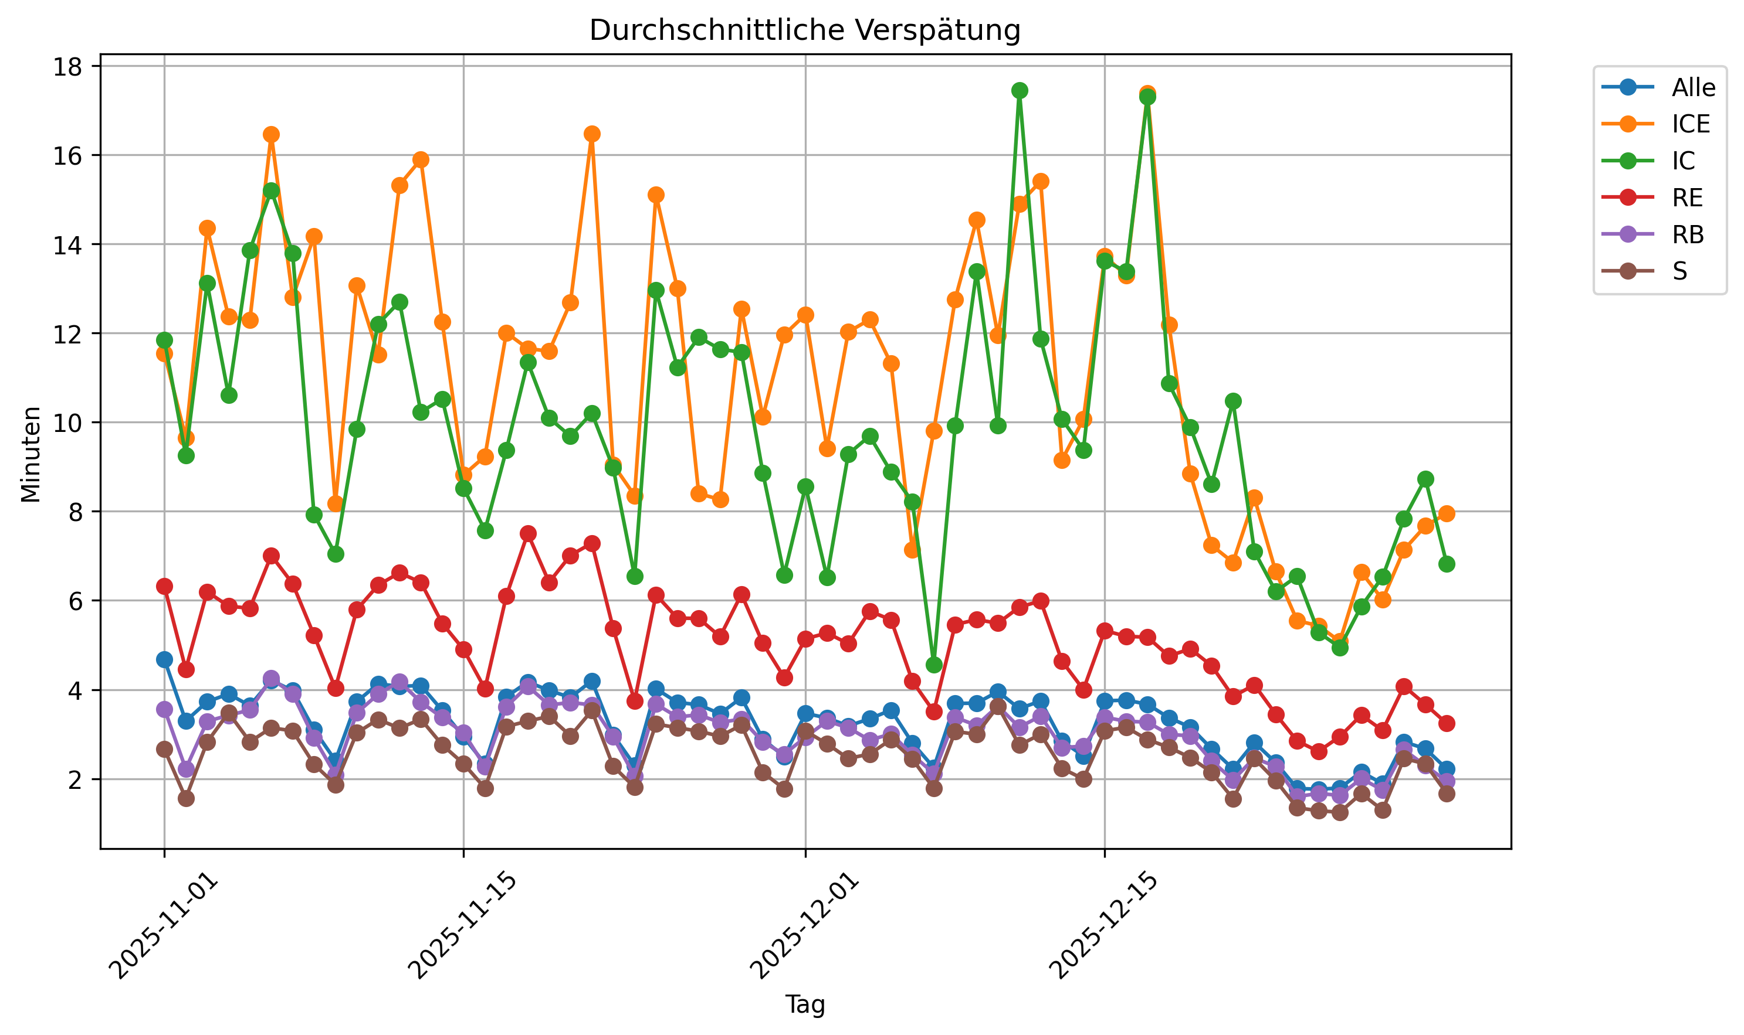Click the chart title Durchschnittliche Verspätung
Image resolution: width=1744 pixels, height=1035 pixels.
[x=805, y=30]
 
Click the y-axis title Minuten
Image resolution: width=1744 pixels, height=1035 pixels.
[x=31, y=454]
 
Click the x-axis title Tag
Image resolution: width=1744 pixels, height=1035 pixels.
[x=805, y=1005]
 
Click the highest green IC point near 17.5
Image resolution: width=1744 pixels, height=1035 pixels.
[x=1019, y=91]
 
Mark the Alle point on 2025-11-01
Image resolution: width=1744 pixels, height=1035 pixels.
[x=165, y=660]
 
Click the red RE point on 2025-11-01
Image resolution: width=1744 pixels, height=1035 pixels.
[x=165, y=587]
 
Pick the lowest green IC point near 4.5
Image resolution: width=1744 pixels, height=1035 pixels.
[x=934, y=665]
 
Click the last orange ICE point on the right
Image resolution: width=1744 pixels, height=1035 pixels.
[x=1446, y=514]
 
